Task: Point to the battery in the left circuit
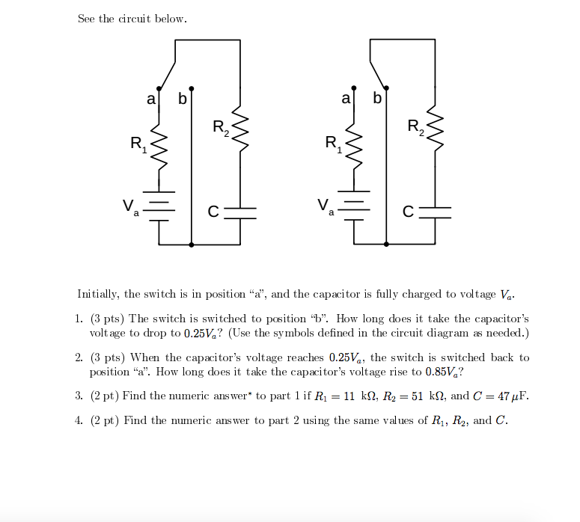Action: [159, 206]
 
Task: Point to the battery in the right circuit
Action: [354, 206]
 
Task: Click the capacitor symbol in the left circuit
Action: [239, 212]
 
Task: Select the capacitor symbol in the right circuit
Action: [434, 212]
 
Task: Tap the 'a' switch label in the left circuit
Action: [150, 99]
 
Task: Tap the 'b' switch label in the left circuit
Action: [182, 99]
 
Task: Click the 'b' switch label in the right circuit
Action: [376, 99]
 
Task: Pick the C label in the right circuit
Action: [408, 212]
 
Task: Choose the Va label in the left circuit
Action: [130, 206]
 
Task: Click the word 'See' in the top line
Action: [87, 19]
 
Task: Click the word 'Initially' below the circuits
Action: [99, 294]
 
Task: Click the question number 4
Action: [79, 420]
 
